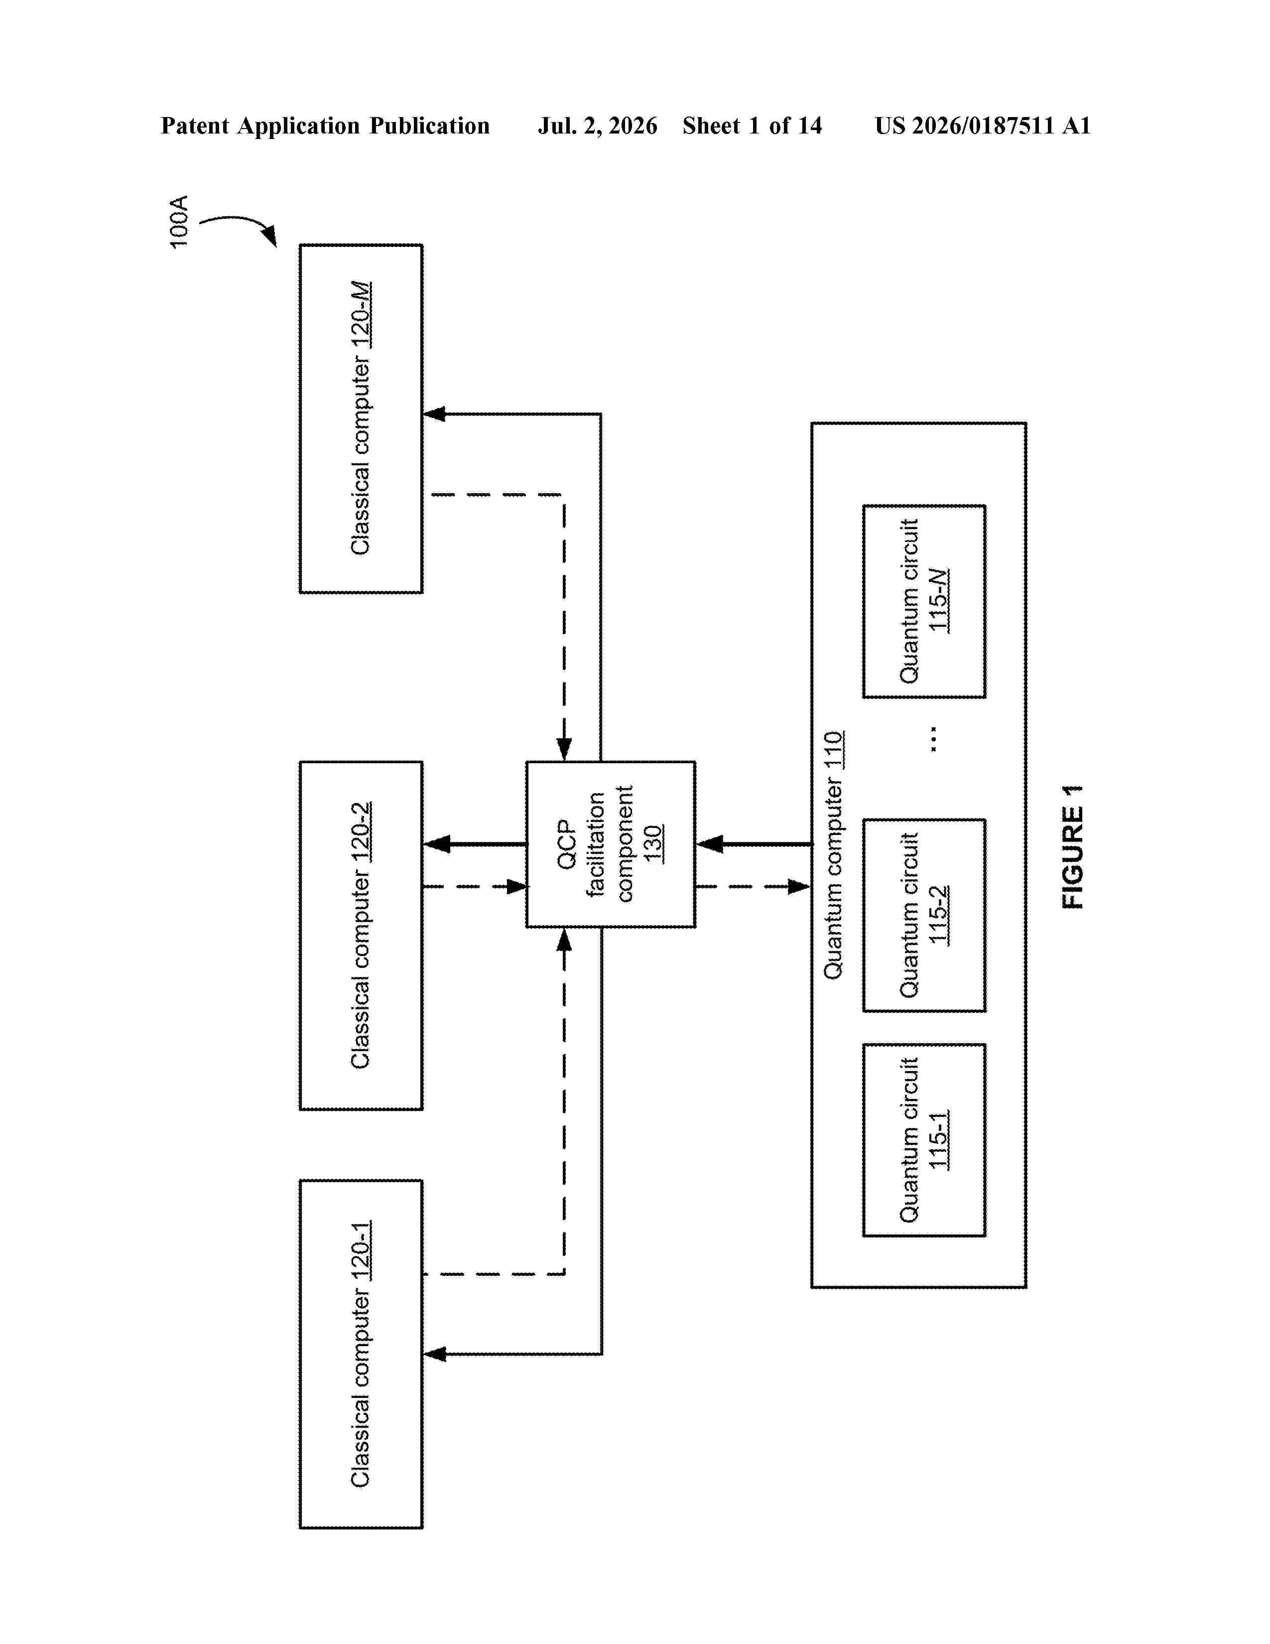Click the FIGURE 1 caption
pos(1073,847)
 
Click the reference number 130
pos(653,844)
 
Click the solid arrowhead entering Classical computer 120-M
pos(434,413)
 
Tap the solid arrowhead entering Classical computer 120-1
pos(434,1354)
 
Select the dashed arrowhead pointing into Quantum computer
pos(799,887)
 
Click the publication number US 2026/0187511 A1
pos(983,126)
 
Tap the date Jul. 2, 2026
pos(597,126)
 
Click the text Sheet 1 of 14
pos(753,126)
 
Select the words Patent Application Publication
pos(325,126)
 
